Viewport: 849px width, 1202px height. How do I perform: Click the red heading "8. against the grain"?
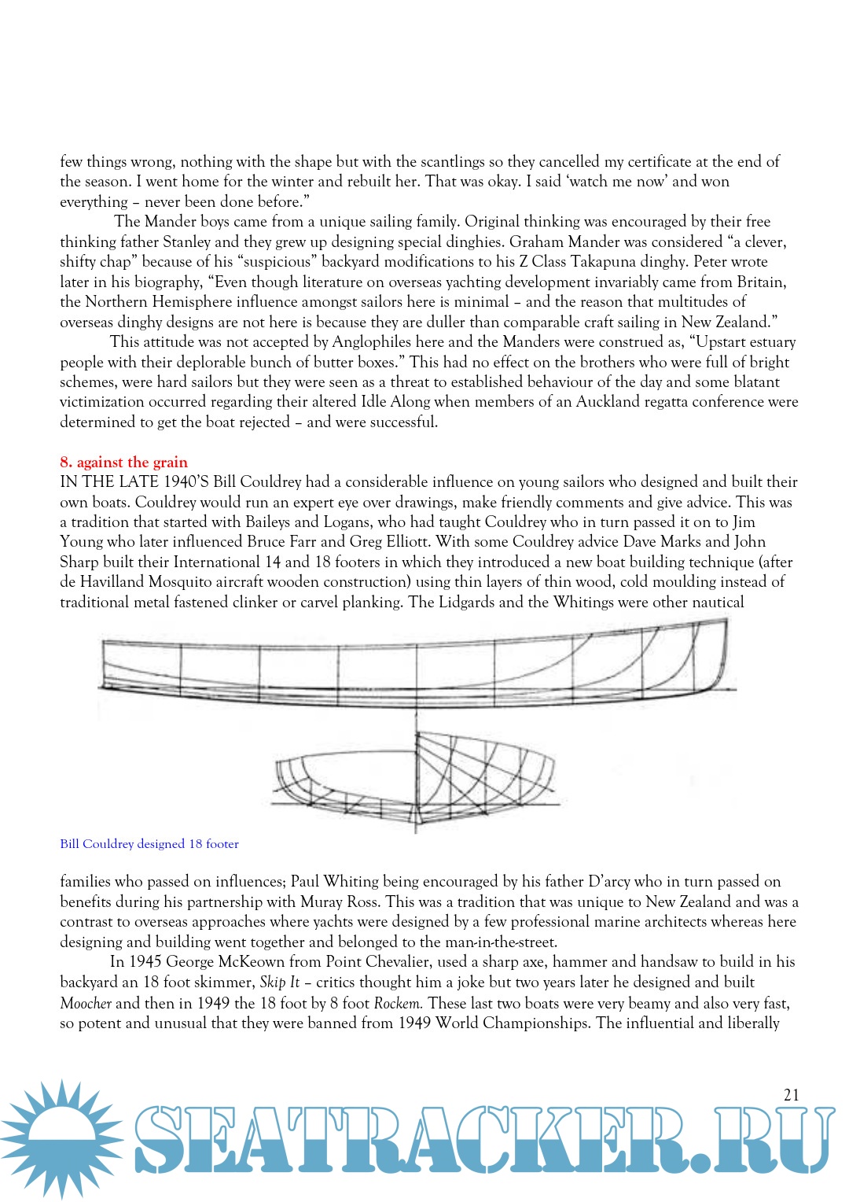tap(123, 462)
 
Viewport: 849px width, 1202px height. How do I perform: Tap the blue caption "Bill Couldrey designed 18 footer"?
tap(149, 844)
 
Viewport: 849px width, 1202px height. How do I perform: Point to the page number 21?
tap(792, 1094)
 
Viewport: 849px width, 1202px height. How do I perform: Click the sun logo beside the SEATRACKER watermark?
tap(61, 1138)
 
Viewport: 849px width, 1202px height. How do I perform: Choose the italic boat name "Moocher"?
tap(86, 1003)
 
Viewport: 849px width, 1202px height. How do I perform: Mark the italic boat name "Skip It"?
tap(280, 983)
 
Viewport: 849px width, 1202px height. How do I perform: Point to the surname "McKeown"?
tap(252, 961)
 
